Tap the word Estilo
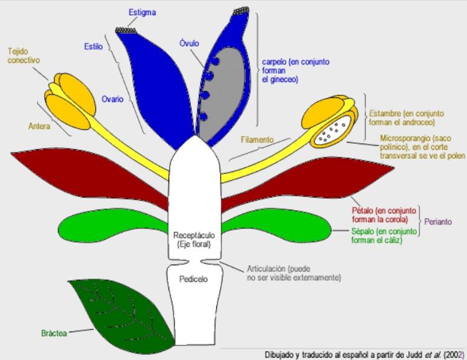tap(94, 47)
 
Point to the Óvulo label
tap(190, 43)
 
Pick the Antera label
tap(39, 126)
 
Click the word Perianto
tap(438, 222)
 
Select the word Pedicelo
tap(194, 279)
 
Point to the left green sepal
tap(109, 226)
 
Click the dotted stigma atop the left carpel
tap(127, 30)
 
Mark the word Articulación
tap(267, 268)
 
